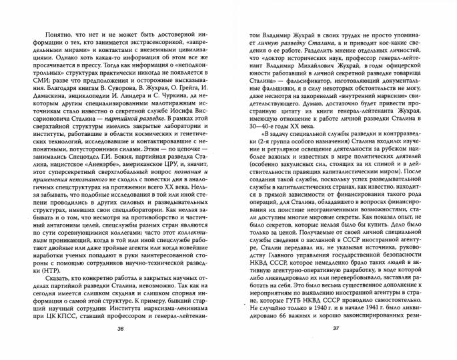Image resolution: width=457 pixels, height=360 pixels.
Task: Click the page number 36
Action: tap(120, 349)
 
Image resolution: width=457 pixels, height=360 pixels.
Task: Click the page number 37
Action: tap(338, 349)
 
